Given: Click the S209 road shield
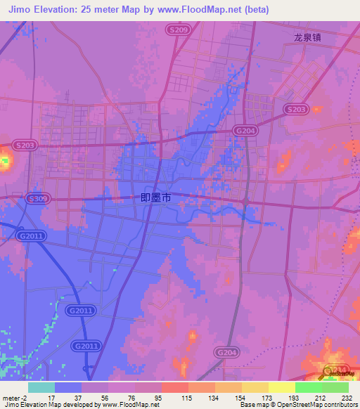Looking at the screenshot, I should tap(179, 30).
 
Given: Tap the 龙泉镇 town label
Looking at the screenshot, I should tap(307, 39).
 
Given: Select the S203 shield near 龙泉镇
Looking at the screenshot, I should tap(297, 109).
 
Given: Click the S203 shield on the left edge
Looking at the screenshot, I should tap(23, 145).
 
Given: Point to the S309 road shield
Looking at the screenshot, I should tap(38, 199).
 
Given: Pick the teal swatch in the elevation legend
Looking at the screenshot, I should tap(41, 387).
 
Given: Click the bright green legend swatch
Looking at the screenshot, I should tap(309, 387).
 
